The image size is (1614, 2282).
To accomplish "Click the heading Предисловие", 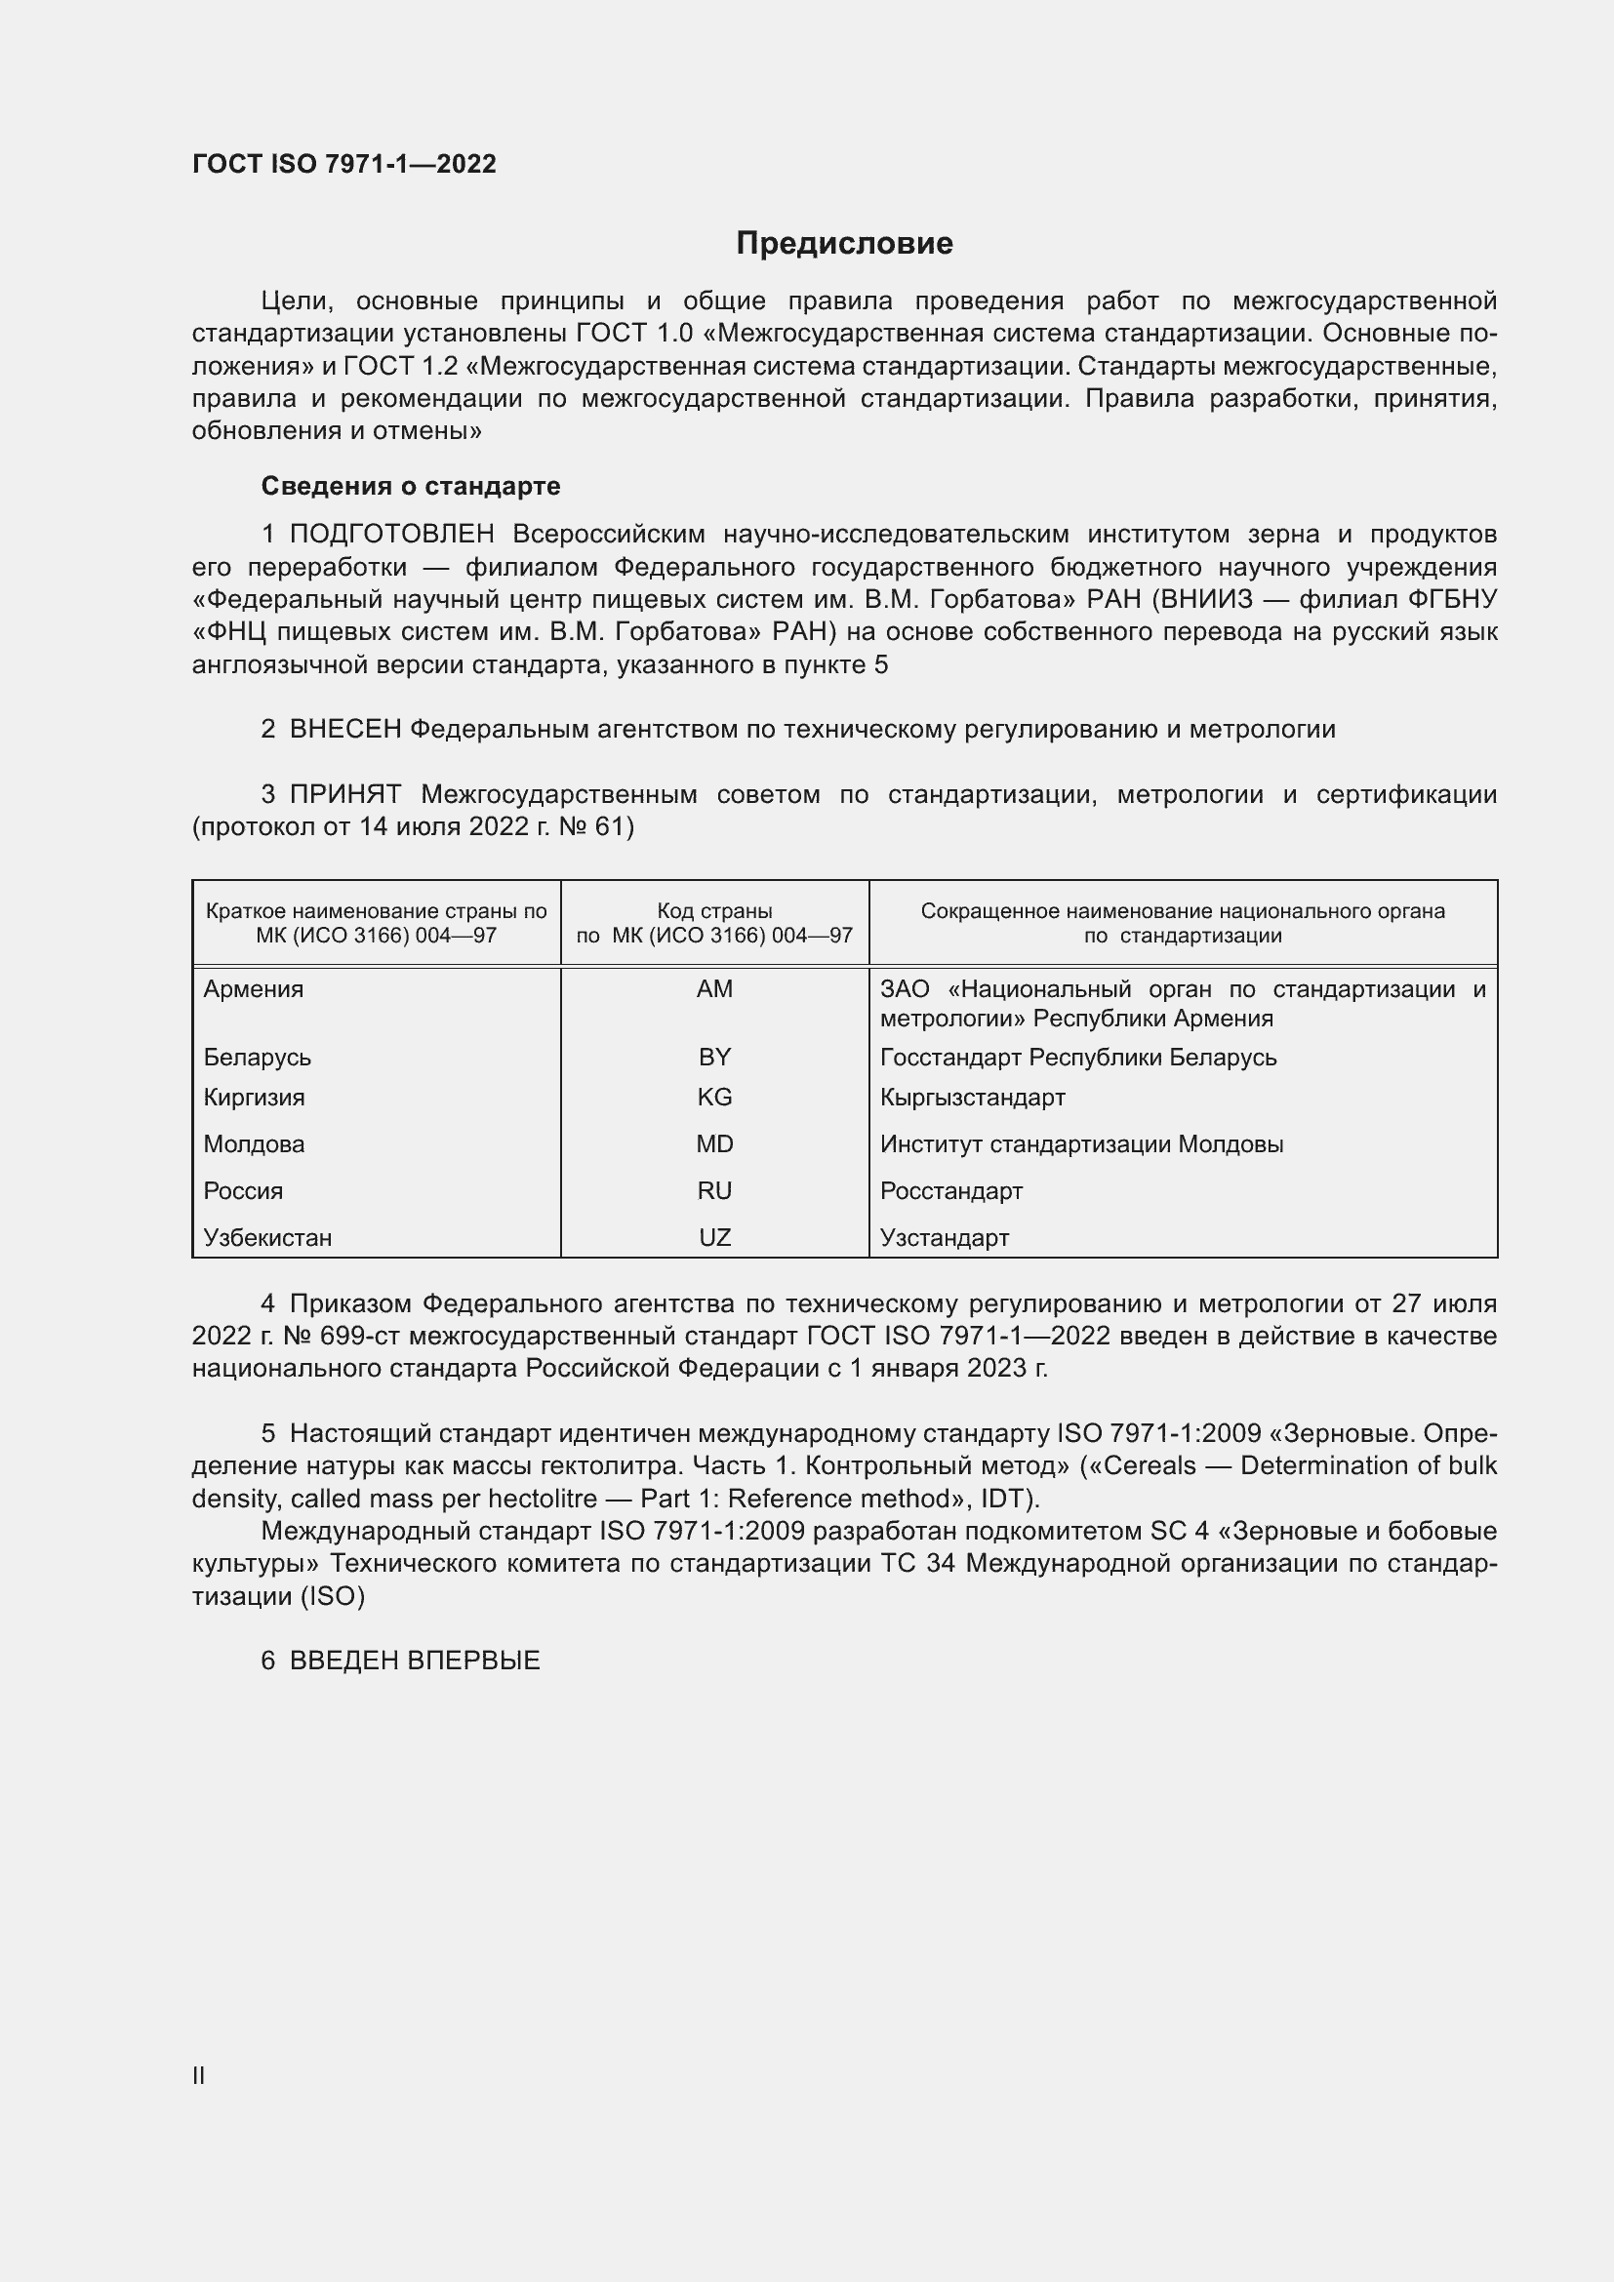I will point(844,244).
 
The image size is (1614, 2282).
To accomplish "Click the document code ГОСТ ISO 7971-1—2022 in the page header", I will point(343,164).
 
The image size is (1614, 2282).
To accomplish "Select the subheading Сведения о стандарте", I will point(411,486).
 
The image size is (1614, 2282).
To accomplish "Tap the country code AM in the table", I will point(713,989).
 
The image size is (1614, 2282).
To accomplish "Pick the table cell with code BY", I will point(713,1057).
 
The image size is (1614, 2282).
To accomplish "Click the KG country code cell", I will point(713,1098).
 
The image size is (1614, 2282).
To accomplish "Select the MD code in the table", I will point(713,1144).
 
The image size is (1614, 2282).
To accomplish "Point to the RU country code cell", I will point(713,1190).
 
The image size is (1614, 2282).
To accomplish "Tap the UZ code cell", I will point(713,1237).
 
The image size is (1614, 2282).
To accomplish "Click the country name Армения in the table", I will point(254,989).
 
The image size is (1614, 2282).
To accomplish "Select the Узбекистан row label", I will point(267,1237).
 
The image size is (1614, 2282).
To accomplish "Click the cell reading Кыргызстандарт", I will point(972,1098).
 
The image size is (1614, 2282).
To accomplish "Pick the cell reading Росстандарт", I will point(951,1190).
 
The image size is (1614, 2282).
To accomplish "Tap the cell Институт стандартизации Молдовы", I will point(1081,1144).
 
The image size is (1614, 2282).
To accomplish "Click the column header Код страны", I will point(713,911).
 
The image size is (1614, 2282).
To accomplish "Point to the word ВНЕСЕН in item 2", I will point(344,730).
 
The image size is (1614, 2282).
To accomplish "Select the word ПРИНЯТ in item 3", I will point(344,794).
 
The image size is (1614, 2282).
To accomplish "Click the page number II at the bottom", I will point(199,2075).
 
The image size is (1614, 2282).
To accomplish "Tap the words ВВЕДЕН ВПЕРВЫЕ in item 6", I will point(415,1661).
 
